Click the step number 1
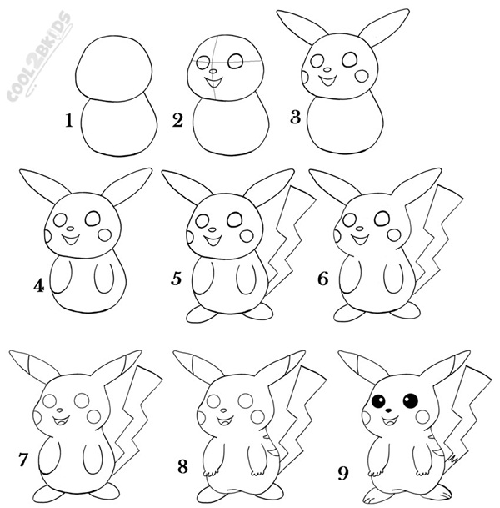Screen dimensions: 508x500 [69, 121]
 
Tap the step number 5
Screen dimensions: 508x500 [177, 279]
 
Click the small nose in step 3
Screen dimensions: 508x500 [327, 69]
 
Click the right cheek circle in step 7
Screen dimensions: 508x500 [94, 416]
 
